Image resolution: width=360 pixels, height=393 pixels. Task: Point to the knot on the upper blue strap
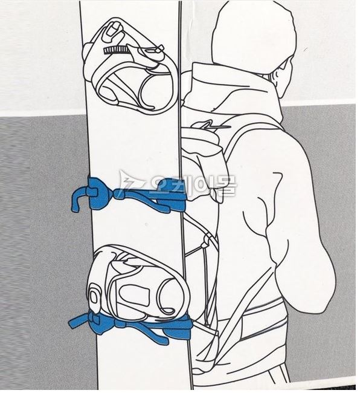(x=120, y=195)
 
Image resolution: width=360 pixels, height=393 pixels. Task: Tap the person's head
(x=253, y=37)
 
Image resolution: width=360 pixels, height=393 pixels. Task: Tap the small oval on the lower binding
(x=94, y=297)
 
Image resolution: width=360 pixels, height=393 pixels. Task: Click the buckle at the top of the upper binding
(x=113, y=31)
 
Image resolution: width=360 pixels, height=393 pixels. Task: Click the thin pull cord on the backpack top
(x=213, y=125)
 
